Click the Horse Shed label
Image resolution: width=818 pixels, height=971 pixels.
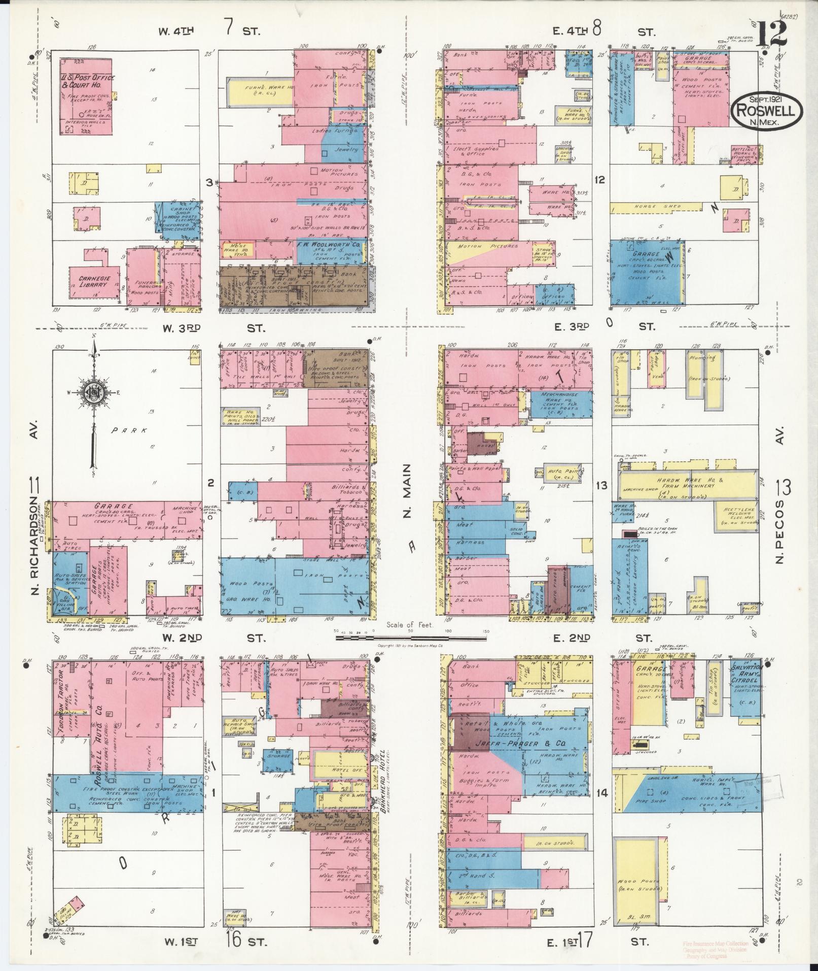(x=654, y=207)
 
